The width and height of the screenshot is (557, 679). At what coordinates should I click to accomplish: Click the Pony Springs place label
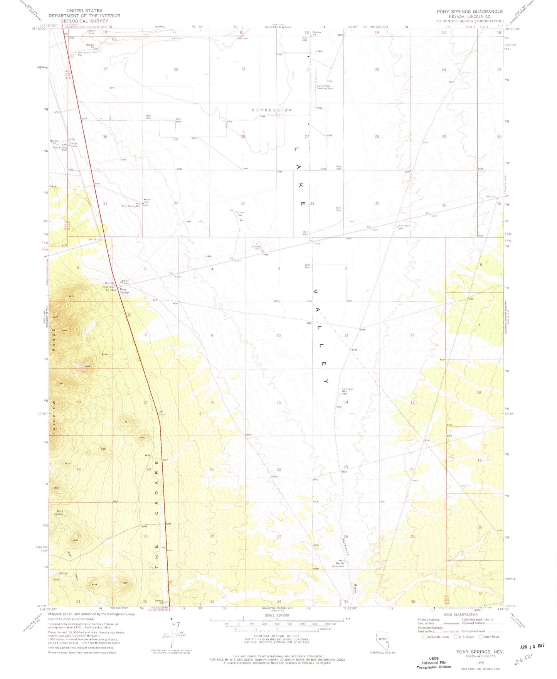(x=125, y=291)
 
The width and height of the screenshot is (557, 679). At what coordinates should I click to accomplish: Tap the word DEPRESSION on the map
(x=272, y=110)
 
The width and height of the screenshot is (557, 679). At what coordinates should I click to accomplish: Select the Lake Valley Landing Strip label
(x=325, y=87)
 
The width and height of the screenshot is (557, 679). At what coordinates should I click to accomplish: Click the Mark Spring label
(x=59, y=513)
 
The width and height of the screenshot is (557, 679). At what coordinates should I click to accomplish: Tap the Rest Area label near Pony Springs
(x=108, y=286)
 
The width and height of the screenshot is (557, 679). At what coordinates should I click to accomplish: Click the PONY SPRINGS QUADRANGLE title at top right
(x=469, y=12)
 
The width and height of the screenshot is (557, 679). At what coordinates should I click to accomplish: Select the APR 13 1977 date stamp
(x=529, y=646)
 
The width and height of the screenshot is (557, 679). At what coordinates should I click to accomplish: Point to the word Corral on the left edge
(x=52, y=187)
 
